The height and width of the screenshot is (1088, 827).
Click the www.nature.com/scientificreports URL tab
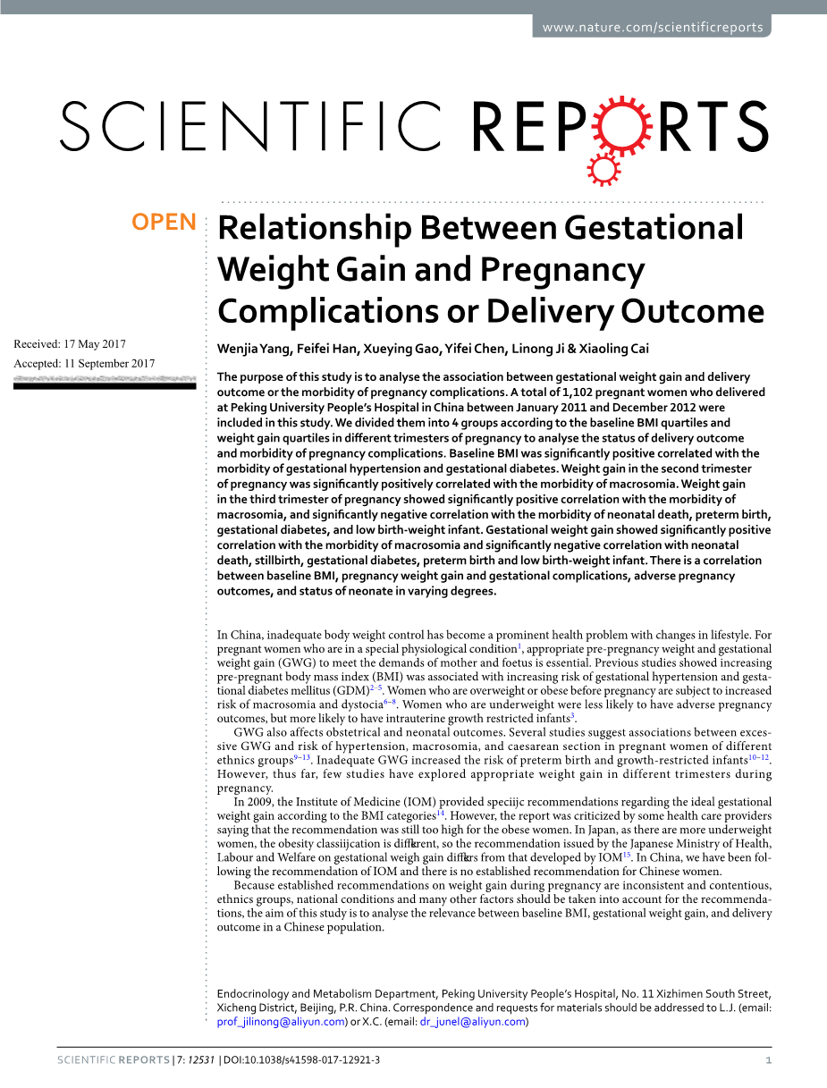pos(653,27)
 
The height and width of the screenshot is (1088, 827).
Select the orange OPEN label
pos(164,223)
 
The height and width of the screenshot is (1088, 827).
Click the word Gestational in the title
pos(654,229)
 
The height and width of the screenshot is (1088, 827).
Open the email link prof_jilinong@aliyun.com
pos(282,1022)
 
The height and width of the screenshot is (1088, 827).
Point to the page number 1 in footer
pos(768,1060)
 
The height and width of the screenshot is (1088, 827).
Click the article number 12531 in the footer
pos(198,1060)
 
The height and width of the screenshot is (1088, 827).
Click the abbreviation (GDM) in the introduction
pos(350,691)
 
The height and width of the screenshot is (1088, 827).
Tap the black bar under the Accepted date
pos(105,385)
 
